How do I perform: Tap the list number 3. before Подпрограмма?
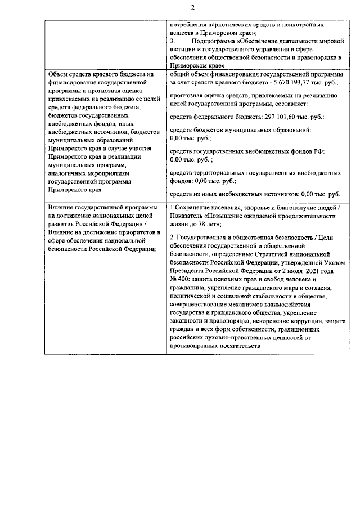pos(172,42)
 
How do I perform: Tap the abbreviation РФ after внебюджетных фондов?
pos(319,152)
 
